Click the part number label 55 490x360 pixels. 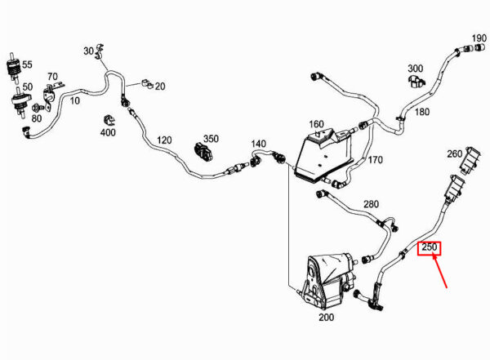(x=27, y=64)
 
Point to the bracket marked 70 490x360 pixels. (x=51, y=94)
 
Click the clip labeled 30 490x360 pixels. (x=100, y=51)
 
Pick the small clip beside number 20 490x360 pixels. (x=146, y=84)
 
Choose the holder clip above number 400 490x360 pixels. (x=109, y=121)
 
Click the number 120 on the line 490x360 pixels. (x=164, y=140)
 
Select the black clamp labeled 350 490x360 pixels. (x=203, y=152)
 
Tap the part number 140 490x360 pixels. (x=258, y=144)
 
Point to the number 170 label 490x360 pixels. (x=375, y=160)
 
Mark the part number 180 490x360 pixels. (x=422, y=112)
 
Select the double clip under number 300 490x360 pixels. (x=416, y=81)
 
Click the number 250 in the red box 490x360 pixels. (x=429, y=247)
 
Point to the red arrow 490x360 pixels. (x=439, y=271)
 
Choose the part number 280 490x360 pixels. (x=371, y=204)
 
